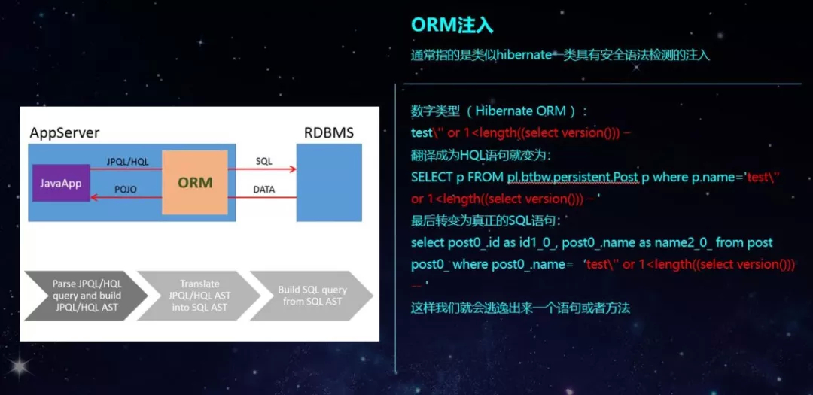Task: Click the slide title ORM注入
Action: coord(452,25)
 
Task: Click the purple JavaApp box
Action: coord(61,183)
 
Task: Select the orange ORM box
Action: coord(194,182)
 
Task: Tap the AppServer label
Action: coord(64,133)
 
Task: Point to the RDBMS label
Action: coord(328,133)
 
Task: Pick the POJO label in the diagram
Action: coord(125,190)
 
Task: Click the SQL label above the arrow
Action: coord(264,162)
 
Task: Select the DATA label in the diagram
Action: coord(264,190)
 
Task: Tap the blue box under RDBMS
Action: coord(325,182)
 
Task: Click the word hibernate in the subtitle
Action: coord(524,55)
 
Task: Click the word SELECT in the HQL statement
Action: coord(431,177)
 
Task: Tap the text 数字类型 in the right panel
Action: coord(434,111)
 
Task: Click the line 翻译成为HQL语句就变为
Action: coord(480,155)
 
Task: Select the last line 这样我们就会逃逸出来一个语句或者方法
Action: coord(519,308)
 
